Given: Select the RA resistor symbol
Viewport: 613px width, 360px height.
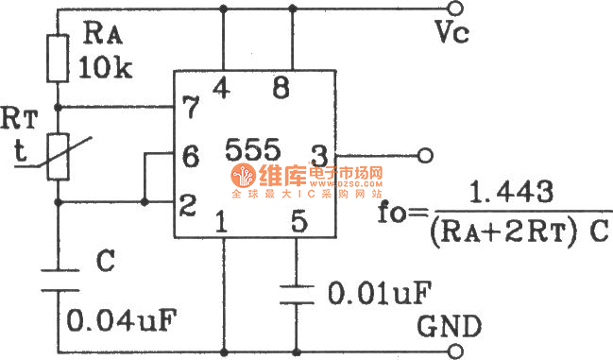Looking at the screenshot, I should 57,57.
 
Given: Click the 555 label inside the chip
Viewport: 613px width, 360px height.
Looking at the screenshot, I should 252,148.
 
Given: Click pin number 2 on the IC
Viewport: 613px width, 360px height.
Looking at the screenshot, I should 189,200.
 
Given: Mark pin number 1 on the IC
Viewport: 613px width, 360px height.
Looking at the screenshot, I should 221,224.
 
